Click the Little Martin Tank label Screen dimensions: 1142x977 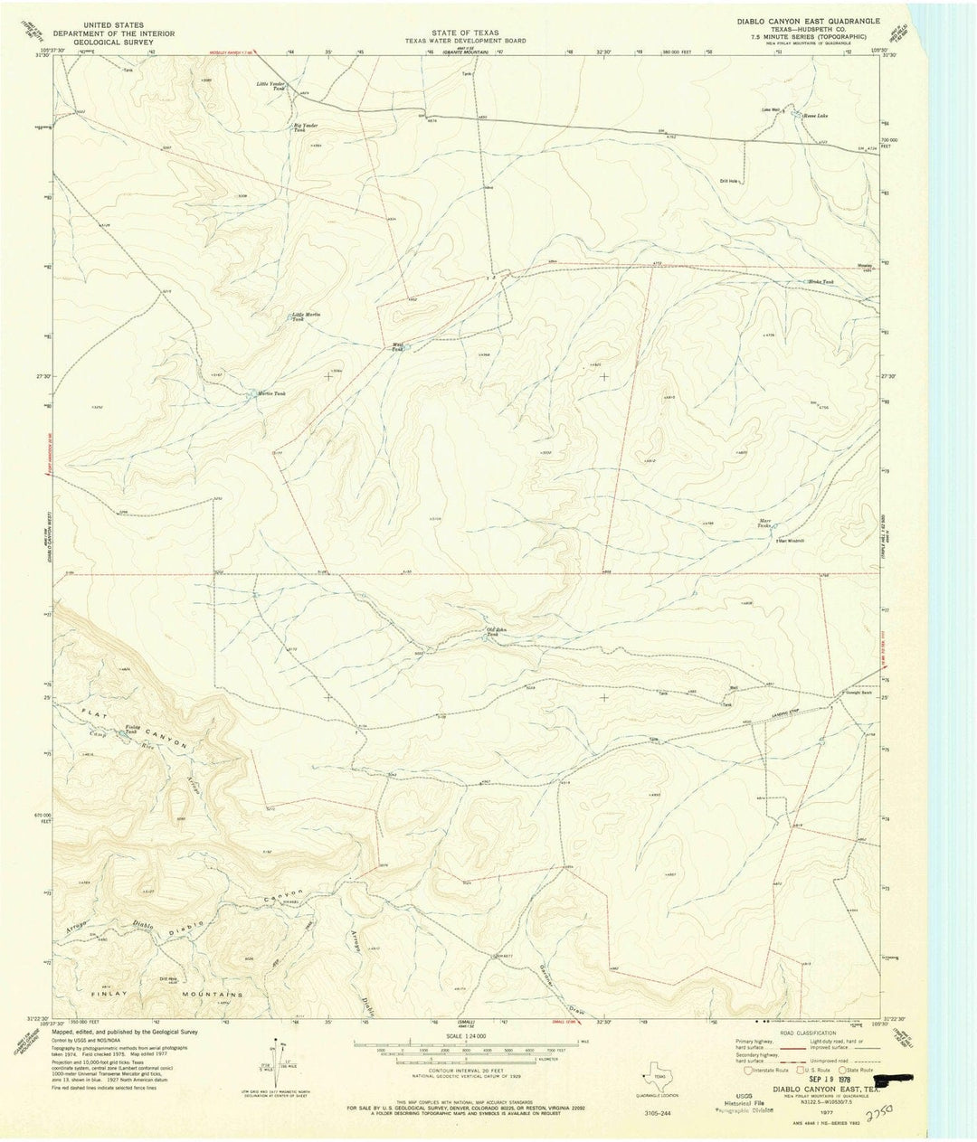[x=305, y=316]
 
